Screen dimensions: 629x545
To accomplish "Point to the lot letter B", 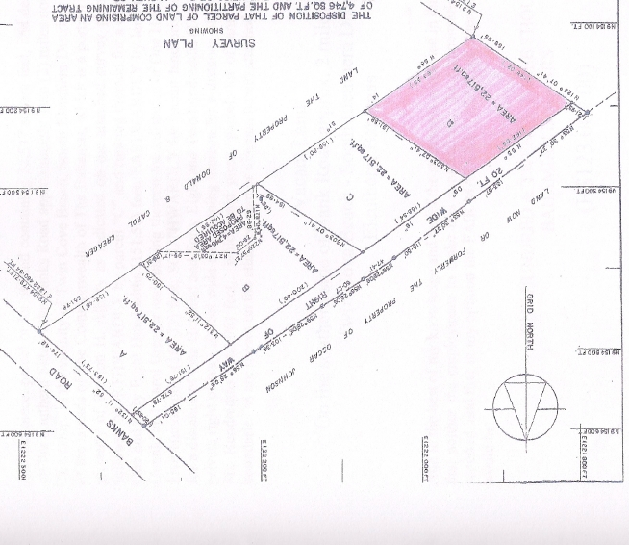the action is pyautogui.click(x=246, y=285).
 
